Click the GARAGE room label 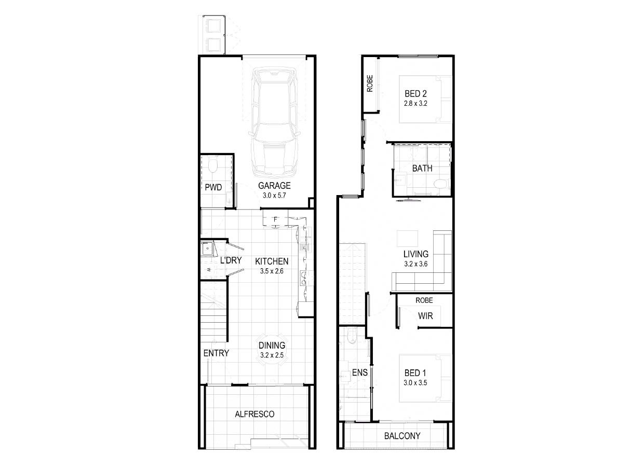click(274, 186)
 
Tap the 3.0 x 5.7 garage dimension click(274, 196)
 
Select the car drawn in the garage click(275, 122)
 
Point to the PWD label click(213, 187)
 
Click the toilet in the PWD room click(213, 164)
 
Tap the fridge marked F click(275, 219)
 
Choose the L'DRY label click(231, 260)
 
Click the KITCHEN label click(272, 261)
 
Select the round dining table click(272, 350)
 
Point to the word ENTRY click(216, 353)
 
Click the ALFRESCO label click(254, 414)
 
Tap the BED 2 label click(415, 93)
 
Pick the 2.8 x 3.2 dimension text click(415, 104)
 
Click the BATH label click(422, 168)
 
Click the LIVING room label click(415, 254)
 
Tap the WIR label click(425, 316)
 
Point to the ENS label click(360, 372)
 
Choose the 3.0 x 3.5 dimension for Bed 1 click(415, 383)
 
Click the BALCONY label click(402, 436)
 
